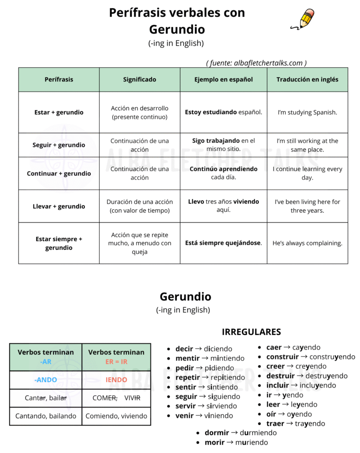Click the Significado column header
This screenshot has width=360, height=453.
(x=139, y=80)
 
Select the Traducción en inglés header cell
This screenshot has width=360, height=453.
(x=307, y=80)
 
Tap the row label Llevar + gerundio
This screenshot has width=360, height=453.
(x=59, y=206)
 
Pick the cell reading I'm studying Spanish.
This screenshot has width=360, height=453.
(x=307, y=112)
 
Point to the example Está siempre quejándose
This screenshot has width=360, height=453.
(x=223, y=243)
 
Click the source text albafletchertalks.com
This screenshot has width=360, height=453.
(x=257, y=63)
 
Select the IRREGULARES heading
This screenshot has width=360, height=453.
(x=251, y=332)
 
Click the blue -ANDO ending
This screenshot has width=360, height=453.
(x=46, y=380)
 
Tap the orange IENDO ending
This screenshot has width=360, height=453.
(x=116, y=380)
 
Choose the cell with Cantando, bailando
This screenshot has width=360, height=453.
(x=46, y=416)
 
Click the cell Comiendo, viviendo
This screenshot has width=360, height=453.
(x=116, y=416)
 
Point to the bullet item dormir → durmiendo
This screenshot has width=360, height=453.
(x=241, y=433)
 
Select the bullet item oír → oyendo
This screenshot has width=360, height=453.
(x=289, y=414)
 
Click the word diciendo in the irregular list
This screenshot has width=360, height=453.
(x=218, y=349)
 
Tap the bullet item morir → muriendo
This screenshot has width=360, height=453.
(x=236, y=442)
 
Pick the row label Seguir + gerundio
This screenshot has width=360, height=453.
(x=59, y=145)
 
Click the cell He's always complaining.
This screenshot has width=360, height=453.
(x=307, y=243)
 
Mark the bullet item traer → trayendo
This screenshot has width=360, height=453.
(x=295, y=423)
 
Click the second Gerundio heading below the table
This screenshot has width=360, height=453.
(x=185, y=296)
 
